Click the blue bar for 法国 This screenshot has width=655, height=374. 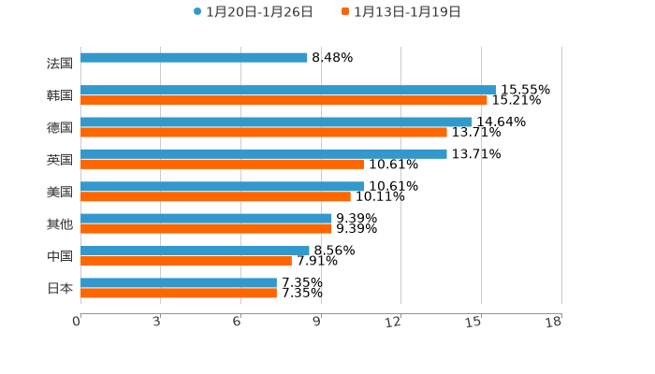coord(194,58)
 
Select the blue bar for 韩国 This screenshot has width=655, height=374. coord(288,90)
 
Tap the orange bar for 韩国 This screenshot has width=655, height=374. coord(284,100)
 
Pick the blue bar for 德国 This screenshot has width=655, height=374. coord(276,122)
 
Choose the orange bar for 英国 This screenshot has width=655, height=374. coord(222,164)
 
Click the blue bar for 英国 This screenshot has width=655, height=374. coord(264,153)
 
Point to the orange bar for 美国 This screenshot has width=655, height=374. coord(215,196)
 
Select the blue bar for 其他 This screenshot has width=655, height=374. coord(206,218)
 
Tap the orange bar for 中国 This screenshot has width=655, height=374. coord(186,261)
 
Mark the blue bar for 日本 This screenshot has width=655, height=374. coord(179,282)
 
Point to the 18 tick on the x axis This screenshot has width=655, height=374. coord(554,322)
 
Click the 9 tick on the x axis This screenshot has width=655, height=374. coord(317,322)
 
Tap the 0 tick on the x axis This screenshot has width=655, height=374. coord(77,322)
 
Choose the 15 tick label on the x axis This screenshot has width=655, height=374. coord(474,322)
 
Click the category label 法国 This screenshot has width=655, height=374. coord(60,64)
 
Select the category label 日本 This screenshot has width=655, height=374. coord(60,288)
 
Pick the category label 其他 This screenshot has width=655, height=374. coord(60,223)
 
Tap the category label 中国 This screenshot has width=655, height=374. coord(60,256)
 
